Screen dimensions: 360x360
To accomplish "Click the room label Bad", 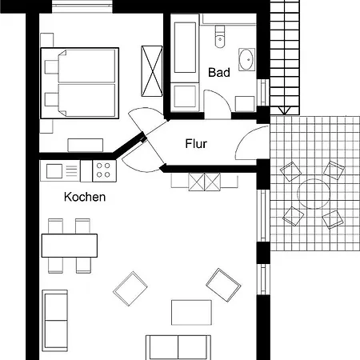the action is tap(219, 73).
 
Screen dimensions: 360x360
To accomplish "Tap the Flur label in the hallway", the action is tap(196, 144).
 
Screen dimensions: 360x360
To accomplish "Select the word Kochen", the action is tap(85, 197).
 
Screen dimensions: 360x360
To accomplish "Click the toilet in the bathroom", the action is tap(220, 37).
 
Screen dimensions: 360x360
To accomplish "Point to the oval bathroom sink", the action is tap(246, 59).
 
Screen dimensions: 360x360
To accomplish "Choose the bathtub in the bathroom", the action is tap(185, 47).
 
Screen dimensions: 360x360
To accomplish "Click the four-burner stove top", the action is tap(104, 170).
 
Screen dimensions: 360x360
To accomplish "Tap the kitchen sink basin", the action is tap(54, 171).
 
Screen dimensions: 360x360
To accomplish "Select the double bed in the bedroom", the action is tap(80, 83).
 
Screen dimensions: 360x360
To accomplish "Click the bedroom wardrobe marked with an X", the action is tap(152, 71).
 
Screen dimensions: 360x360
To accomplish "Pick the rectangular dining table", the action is tap(70, 246).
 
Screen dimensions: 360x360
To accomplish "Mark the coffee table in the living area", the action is tap(191, 312).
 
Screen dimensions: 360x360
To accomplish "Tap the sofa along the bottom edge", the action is tap(178, 347).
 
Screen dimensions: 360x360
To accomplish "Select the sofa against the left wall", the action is tap(54, 321).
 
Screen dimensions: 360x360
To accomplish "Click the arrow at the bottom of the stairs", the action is tap(284, 110).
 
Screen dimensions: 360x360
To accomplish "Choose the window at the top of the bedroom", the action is tap(82, 6).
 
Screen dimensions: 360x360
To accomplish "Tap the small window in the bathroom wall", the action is tap(263, 92).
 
